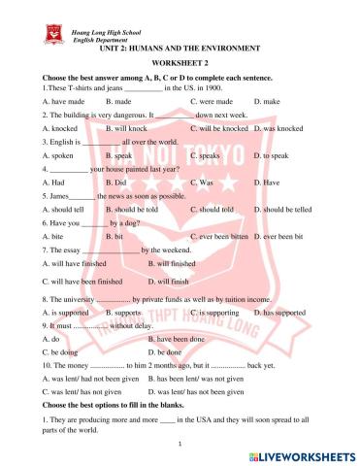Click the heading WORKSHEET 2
coord(180,61)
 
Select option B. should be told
coord(137,209)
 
